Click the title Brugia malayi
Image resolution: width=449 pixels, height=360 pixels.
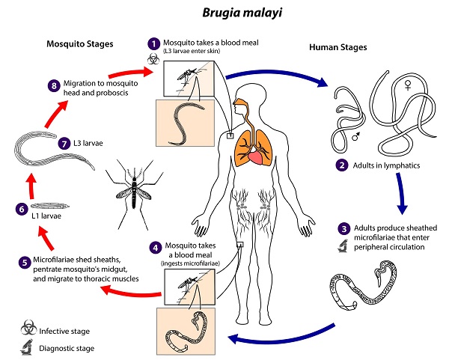(x=242, y=13)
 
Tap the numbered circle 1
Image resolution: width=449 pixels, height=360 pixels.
(x=154, y=44)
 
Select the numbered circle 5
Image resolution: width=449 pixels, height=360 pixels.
(x=25, y=263)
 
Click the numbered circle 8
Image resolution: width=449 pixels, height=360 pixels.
(x=54, y=85)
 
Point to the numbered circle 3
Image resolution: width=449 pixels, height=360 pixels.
(x=344, y=228)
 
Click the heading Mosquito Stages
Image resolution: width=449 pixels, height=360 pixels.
(x=80, y=44)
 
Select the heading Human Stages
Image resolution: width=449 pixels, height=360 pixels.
(x=338, y=47)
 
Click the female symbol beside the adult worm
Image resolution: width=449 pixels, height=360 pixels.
(x=408, y=85)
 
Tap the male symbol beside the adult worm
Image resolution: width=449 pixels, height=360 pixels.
(x=356, y=137)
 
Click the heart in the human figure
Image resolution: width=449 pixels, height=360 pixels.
(x=256, y=157)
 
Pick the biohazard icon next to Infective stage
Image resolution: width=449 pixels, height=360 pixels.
(x=28, y=328)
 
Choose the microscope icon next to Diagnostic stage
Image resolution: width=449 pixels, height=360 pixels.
(x=27, y=347)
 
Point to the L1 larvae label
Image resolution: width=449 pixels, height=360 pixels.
(x=46, y=216)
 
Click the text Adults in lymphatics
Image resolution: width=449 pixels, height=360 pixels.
(x=386, y=165)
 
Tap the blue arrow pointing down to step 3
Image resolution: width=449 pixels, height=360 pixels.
(x=401, y=193)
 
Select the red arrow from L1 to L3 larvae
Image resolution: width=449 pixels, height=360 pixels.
(x=31, y=186)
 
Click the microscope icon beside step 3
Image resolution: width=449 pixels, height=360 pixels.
(x=343, y=246)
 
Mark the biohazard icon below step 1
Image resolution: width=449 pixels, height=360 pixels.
(x=153, y=58)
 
